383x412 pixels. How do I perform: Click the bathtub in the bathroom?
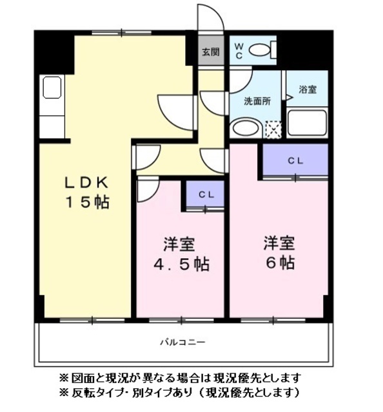(x=306, y=122)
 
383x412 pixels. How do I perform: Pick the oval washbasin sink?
(x=245, y=127)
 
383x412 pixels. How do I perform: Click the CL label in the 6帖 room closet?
(x=295, y=160)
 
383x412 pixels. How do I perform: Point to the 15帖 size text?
(x=85, y=201)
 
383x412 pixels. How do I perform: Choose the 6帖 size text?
(x=279, y=263)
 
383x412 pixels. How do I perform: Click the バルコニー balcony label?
(x=182, y=342)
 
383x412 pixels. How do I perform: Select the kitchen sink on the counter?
(x=52, y=87)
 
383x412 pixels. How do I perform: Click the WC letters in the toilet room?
(x=238, y=50)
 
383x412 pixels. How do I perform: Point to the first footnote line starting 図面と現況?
(x=180, y=378)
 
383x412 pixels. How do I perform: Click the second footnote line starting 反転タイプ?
(x=180, y=392)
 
